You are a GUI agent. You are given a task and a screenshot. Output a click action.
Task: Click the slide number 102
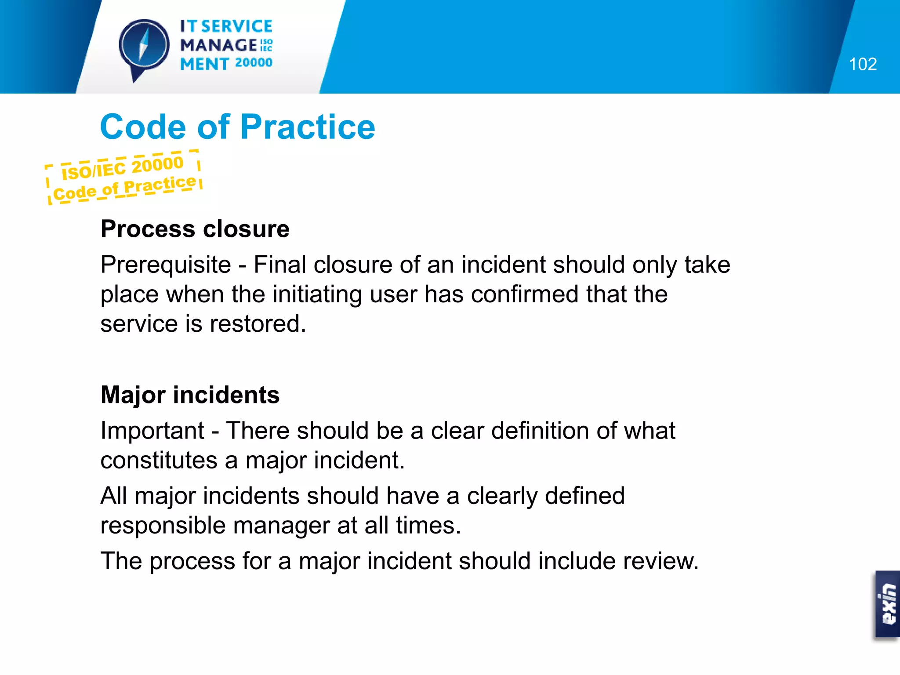click(x=863, y=64)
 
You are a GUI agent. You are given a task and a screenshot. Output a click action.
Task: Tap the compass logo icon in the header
click(x=144, y=47)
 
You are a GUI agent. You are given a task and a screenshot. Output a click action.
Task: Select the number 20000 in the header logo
click(x=254, y=63)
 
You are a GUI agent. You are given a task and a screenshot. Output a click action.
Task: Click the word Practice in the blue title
click(x=308, y=127)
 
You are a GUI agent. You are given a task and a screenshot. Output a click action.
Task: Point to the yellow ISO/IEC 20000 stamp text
click(x=122, y=167)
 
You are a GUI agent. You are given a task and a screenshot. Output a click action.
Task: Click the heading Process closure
click(x=195, y=229)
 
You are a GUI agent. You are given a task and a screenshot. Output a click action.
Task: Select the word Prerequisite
click(x=166, y=265)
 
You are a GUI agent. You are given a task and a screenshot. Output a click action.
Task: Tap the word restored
click(x=258, y=324)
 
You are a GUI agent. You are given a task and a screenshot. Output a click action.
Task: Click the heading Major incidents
click(x=190, y=395)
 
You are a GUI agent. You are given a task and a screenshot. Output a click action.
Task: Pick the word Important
click(x=152, y=431)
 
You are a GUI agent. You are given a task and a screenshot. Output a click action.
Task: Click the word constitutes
click(x=159, y=461)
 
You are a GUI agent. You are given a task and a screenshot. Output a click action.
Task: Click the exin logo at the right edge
click(x=888, y=604)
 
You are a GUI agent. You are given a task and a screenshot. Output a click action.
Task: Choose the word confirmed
click(x=525, y=294)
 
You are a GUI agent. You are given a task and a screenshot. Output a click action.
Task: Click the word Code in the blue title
click(x=143, y=127)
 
